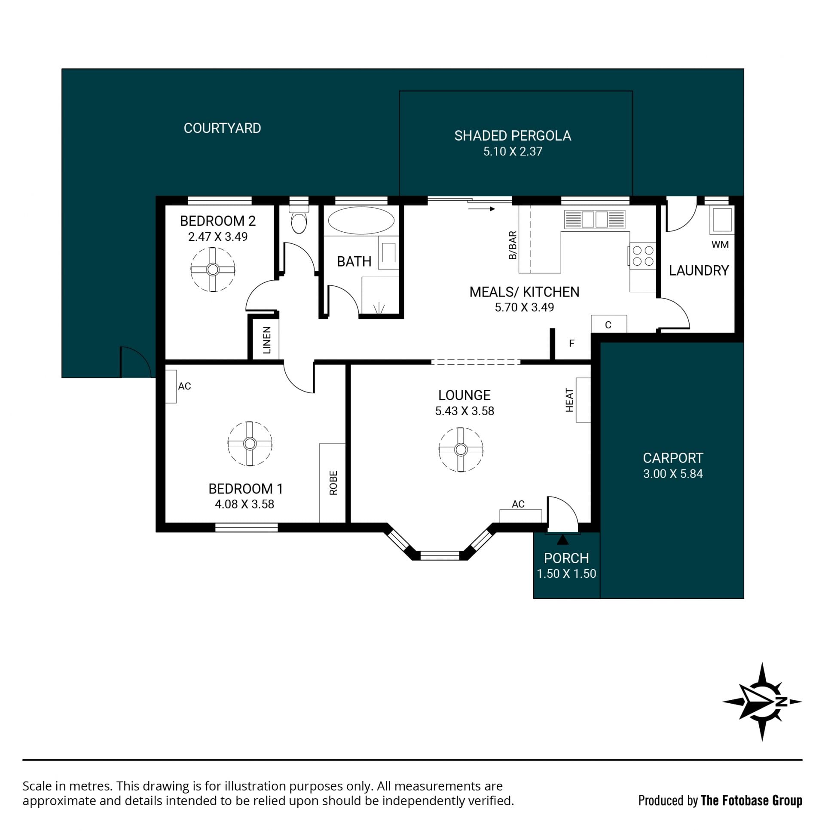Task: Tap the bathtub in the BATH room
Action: point(361,221)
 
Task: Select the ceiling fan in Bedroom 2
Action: point(213,270)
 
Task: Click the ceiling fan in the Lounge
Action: point(461,450)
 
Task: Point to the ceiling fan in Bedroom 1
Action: point(250,444)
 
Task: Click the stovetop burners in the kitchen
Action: point(643,255)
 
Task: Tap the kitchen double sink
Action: point(595,219)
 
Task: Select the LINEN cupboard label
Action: point(267,340)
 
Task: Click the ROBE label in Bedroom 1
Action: point(333,483)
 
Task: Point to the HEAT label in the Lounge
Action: point(569,400)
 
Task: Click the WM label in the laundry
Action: point(720,245)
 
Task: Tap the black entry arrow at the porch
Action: point(562,540)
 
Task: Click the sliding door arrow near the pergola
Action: point(482,209)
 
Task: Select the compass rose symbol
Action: point(762,702)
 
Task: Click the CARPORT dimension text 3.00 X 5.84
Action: point(673,474)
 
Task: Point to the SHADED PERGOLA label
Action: point(513,135)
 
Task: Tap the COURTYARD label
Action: point(222,128)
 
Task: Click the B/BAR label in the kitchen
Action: point(513,245)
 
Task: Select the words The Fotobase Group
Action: point(752,800)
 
